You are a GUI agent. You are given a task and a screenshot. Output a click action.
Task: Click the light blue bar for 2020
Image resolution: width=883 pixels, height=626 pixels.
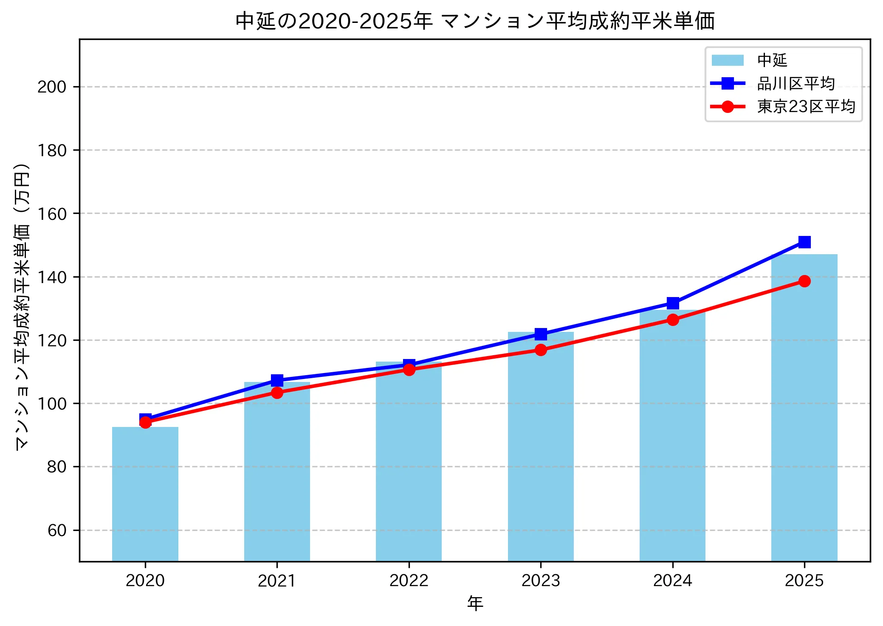145,494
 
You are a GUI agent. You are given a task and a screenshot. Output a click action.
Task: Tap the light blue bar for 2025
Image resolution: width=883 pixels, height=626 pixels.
804,407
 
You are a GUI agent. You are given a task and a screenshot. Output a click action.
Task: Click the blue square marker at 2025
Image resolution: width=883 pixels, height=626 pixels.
804,242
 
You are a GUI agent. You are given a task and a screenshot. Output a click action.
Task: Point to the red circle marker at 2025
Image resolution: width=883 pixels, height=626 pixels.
804,281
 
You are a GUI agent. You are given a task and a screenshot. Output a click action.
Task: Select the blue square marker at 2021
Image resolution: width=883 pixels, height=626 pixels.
277,380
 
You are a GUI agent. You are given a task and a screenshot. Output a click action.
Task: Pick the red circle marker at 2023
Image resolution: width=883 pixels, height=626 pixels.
541,350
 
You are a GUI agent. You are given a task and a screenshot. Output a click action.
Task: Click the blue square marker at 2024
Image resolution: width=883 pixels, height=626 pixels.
672,303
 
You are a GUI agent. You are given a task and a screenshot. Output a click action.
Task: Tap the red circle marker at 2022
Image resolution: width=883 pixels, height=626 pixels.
409,370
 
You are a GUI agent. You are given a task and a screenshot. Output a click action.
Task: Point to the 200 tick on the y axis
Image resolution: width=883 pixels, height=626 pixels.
52,87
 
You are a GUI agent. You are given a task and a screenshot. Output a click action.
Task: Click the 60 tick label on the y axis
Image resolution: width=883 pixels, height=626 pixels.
57,531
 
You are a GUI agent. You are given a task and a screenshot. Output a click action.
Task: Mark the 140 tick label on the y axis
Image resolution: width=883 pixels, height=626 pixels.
52,277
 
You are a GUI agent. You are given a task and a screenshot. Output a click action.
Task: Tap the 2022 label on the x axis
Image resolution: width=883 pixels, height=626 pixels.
409,581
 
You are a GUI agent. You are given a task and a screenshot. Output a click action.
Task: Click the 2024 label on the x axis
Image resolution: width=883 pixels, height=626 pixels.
672,581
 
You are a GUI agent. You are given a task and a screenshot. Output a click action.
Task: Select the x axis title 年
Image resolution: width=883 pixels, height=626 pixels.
475,604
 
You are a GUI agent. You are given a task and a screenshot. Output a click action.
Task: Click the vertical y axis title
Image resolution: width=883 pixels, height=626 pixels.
22,306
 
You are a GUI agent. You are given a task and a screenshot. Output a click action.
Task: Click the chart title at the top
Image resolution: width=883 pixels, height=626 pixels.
475,21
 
